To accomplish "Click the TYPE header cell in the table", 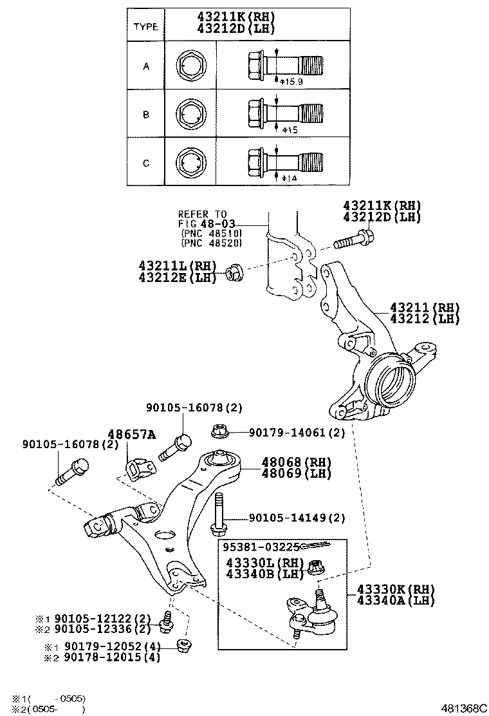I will tap(145, 26).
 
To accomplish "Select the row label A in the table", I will tap(146, 66).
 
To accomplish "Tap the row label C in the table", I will tap(146, 164).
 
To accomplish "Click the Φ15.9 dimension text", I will tap(288, 81).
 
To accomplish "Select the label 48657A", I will tap(132, 435).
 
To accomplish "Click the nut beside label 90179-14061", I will tap(217, 431).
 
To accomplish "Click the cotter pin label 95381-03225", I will tap(261, 547).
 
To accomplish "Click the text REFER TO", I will tap(203, 214).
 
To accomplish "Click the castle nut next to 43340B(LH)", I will tap(316, 568).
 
